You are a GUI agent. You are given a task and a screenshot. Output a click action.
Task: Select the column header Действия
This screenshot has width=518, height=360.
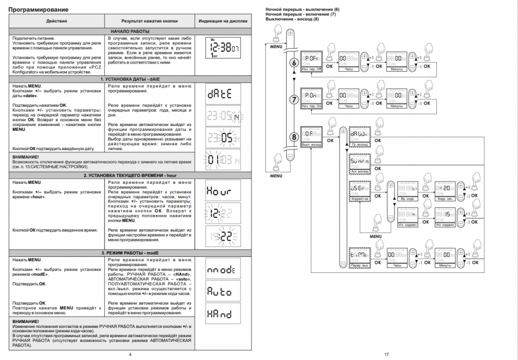click(57, 21)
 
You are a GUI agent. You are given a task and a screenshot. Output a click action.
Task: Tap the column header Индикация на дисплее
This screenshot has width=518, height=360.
click(223, 21)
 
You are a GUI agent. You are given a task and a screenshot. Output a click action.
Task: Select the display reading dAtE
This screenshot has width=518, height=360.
click(223, 93)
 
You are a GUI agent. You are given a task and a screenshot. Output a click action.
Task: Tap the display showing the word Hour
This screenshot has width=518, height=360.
click(223, 191)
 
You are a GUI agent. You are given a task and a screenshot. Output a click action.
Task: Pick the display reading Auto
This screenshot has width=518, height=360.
click(223, 291)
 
